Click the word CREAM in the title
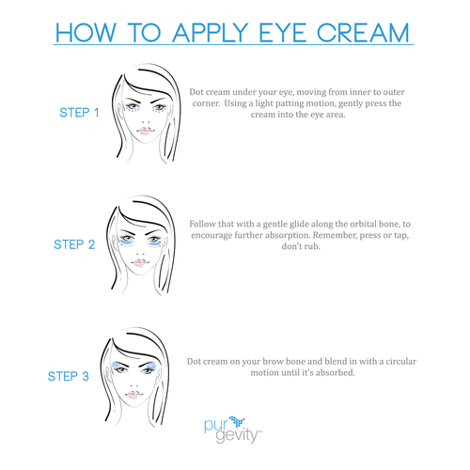pos(363,32)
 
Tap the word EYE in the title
pos(282,32)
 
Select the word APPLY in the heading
pos(210,32)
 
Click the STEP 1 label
pos(79,113)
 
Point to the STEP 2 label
pos(74,244)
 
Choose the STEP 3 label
pos(69,376)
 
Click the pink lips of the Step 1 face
pos(145,131)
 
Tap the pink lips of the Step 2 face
pos(139,263)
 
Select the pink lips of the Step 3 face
pos(133,395)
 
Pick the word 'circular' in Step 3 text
pos(401,361)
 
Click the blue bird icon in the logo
pos(237,421)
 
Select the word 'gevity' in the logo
pos(238,435)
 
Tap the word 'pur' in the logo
pos(215,426)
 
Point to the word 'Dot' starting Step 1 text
pos(196,92)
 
